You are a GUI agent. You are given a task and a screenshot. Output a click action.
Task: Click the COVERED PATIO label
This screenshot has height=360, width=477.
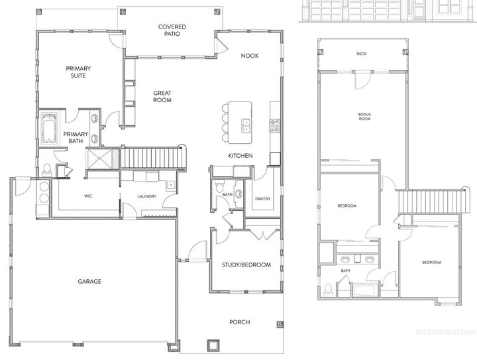click(172, 30)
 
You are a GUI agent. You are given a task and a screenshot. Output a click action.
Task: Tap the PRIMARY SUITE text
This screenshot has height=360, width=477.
click(78, 72)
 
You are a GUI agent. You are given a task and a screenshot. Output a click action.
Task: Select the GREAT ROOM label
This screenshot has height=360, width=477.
click(162, 97)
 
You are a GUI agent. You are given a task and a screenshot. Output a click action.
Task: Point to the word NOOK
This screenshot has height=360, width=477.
click(250, 56)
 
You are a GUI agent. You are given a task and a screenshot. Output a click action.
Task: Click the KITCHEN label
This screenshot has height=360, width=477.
click(241, 155)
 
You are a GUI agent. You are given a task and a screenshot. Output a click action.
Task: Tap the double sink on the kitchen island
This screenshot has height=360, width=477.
click(246, 123)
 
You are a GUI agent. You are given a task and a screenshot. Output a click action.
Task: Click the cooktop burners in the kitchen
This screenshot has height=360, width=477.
click(275, 124)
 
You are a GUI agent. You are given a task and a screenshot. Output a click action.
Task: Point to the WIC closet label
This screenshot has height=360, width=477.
click(87, 196)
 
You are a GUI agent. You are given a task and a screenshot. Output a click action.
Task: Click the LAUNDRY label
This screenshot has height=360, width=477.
click(146, 196)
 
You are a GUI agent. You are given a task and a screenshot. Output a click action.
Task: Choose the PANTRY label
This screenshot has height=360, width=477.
click(262, 198)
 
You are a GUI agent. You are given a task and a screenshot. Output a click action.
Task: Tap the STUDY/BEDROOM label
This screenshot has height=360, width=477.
click(246, 265)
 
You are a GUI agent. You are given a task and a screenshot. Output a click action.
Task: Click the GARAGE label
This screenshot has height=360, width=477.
click(89, 281)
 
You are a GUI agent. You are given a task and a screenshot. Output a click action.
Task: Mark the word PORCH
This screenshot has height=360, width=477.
click(240, 323)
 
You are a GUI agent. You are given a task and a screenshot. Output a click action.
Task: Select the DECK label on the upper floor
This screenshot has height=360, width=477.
click(361, 54)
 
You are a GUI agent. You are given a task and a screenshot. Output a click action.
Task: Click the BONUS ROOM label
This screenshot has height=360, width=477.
click(364, 117)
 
